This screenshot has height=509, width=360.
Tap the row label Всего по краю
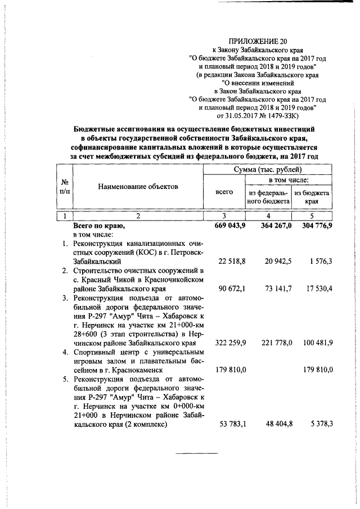click(x=98, y=226)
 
